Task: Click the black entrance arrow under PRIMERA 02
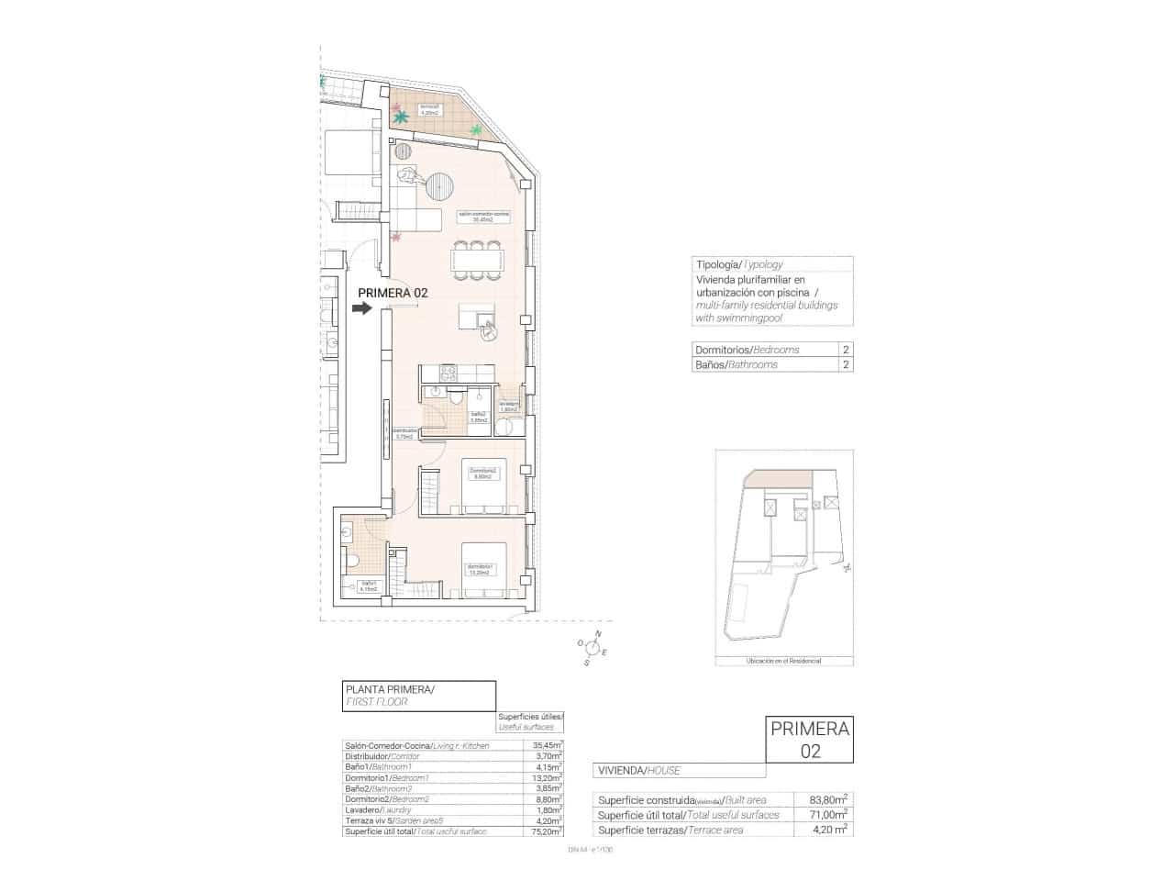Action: tap(362, 308)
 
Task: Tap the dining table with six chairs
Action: tap(476, 261)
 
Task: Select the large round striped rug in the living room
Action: tap(439, 187)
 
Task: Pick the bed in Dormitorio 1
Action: tap(483, 570)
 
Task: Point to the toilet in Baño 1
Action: tap(352, 560)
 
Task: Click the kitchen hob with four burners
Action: tap(449, 373)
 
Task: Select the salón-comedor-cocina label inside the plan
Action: tap(483, 217)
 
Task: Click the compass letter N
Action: tap(598, 634)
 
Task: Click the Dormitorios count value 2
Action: tap(845, 350)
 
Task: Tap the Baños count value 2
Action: tap(845, 364)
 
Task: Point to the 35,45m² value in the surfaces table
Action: tap(547, 745)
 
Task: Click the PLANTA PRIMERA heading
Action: tap(390, 689)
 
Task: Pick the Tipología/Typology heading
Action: tap(739, 264)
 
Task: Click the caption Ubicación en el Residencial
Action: tap(784, 661)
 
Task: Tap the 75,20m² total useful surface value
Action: tap(547, 831)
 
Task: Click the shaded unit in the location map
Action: tap(778, 480)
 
